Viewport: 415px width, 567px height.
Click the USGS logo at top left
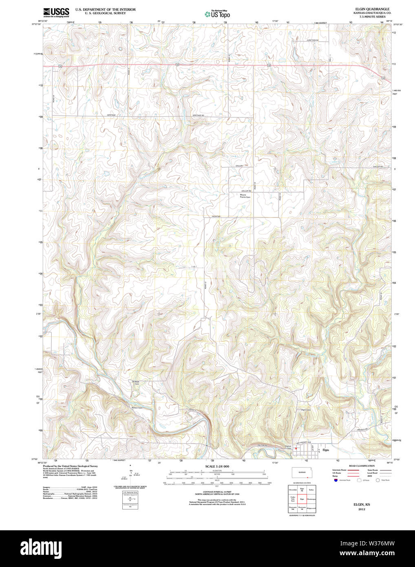click(x=56, y=11)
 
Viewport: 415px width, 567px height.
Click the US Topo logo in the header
click(x=217, y=14)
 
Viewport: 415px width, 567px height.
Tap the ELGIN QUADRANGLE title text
click(x=372, y=9)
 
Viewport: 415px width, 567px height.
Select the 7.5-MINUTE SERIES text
click(x=372, y=17)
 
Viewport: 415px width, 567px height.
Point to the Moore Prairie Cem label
click(x=245, y=196)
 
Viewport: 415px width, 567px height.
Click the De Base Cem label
click(x=136, y=382)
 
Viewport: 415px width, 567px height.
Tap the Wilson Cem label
click(x=137, y=408)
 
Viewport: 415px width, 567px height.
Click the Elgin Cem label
click(x=306, y=410)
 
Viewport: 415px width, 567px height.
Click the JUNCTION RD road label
click(x=312, y=40)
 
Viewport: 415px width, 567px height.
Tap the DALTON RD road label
click(x=264, y=445)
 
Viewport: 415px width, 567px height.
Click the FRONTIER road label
click(x=216, y=216)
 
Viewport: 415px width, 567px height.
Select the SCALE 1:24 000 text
click(x=217, y=466)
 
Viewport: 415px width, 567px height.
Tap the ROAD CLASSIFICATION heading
click(x=362, y=466)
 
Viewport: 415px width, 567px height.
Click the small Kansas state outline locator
click(x=302, y=472)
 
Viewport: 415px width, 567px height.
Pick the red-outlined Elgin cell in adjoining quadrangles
click(x=302, y=499)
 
